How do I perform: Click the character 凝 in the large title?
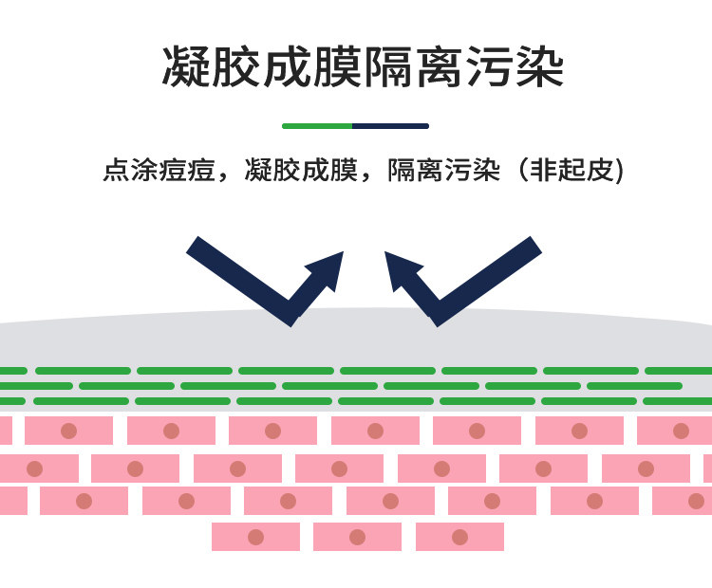point(188,67)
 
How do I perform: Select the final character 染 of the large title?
point(538,67)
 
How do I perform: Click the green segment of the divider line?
point(317,125)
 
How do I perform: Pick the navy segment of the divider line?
point(390,125)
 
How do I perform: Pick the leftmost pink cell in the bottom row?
point(255,537)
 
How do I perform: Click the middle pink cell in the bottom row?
point(357,537)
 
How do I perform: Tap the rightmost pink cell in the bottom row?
point(459,537)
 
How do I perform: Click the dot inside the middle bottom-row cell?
point(357,537)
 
